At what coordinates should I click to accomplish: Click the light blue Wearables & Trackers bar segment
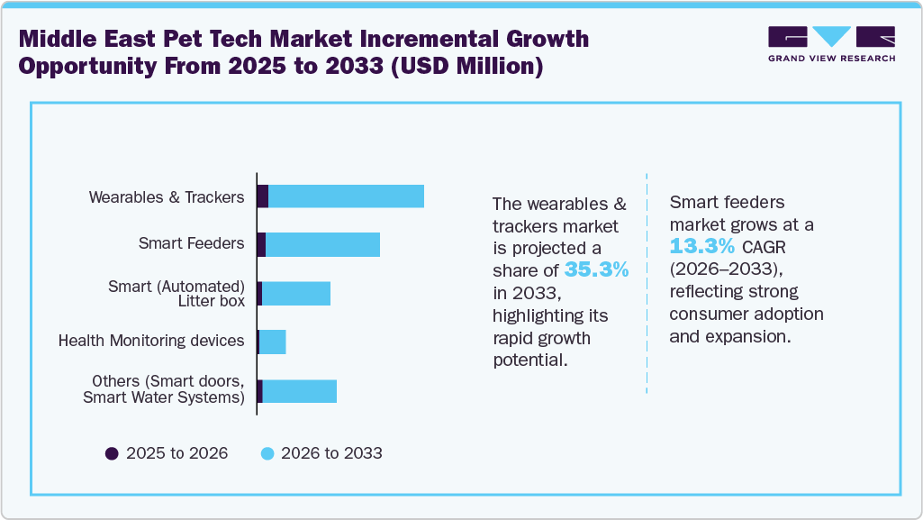click(346, 196)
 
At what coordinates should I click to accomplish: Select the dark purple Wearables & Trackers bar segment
click(263, 196)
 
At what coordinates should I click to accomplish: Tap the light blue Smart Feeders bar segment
click(322, 244)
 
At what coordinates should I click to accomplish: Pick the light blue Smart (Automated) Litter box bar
click(296, 293)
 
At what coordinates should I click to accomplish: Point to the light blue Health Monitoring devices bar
click(273, 342)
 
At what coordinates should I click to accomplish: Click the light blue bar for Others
click(299, 390)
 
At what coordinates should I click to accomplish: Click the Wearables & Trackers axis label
click(167, 196)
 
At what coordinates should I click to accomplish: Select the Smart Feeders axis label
click(191, 243)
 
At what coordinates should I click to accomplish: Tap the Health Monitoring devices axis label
click(151, 341)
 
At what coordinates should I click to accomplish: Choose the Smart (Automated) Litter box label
click(176, 294)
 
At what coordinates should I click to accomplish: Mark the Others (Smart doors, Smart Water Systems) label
click(164, 389)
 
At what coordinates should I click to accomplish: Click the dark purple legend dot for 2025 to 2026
click(112, 453)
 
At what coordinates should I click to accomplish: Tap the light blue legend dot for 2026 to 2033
click(267, 453)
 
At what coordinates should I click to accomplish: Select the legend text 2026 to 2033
click(331, 453)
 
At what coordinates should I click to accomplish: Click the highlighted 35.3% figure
click(596, 269)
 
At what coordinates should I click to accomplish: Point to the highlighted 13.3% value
click(702, 246)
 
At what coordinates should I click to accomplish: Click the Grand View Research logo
click(831, 43)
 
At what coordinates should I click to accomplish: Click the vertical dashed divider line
click(647, 283)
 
